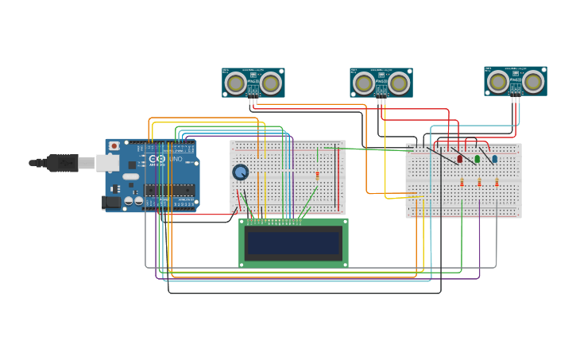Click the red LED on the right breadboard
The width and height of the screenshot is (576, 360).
click(460, 159)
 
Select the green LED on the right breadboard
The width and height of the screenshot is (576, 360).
click(477, 159)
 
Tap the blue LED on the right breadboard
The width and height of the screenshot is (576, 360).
click(495, 159)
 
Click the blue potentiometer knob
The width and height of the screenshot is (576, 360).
click(240, 172)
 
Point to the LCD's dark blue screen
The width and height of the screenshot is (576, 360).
click(293, 243)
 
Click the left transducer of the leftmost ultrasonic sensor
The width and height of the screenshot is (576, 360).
click(235, 83)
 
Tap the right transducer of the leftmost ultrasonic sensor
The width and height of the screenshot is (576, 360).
click(271, 83)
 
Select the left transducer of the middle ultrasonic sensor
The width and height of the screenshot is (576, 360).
click(363, 83)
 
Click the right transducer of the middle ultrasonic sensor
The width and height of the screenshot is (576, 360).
click(399, 83)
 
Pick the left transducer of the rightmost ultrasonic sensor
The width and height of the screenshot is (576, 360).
click(498, 81)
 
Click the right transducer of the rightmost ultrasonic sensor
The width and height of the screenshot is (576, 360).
click(534, 81)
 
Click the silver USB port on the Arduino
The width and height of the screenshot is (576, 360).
click(108, 163)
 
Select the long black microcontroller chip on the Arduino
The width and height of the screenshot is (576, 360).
click(169, 190)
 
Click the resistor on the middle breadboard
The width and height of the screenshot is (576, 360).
click(317, 176)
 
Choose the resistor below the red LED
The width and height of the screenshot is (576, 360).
click(462, 182)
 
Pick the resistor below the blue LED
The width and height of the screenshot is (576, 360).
click(497, 182)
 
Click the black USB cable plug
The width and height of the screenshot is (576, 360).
click(64, 163)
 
